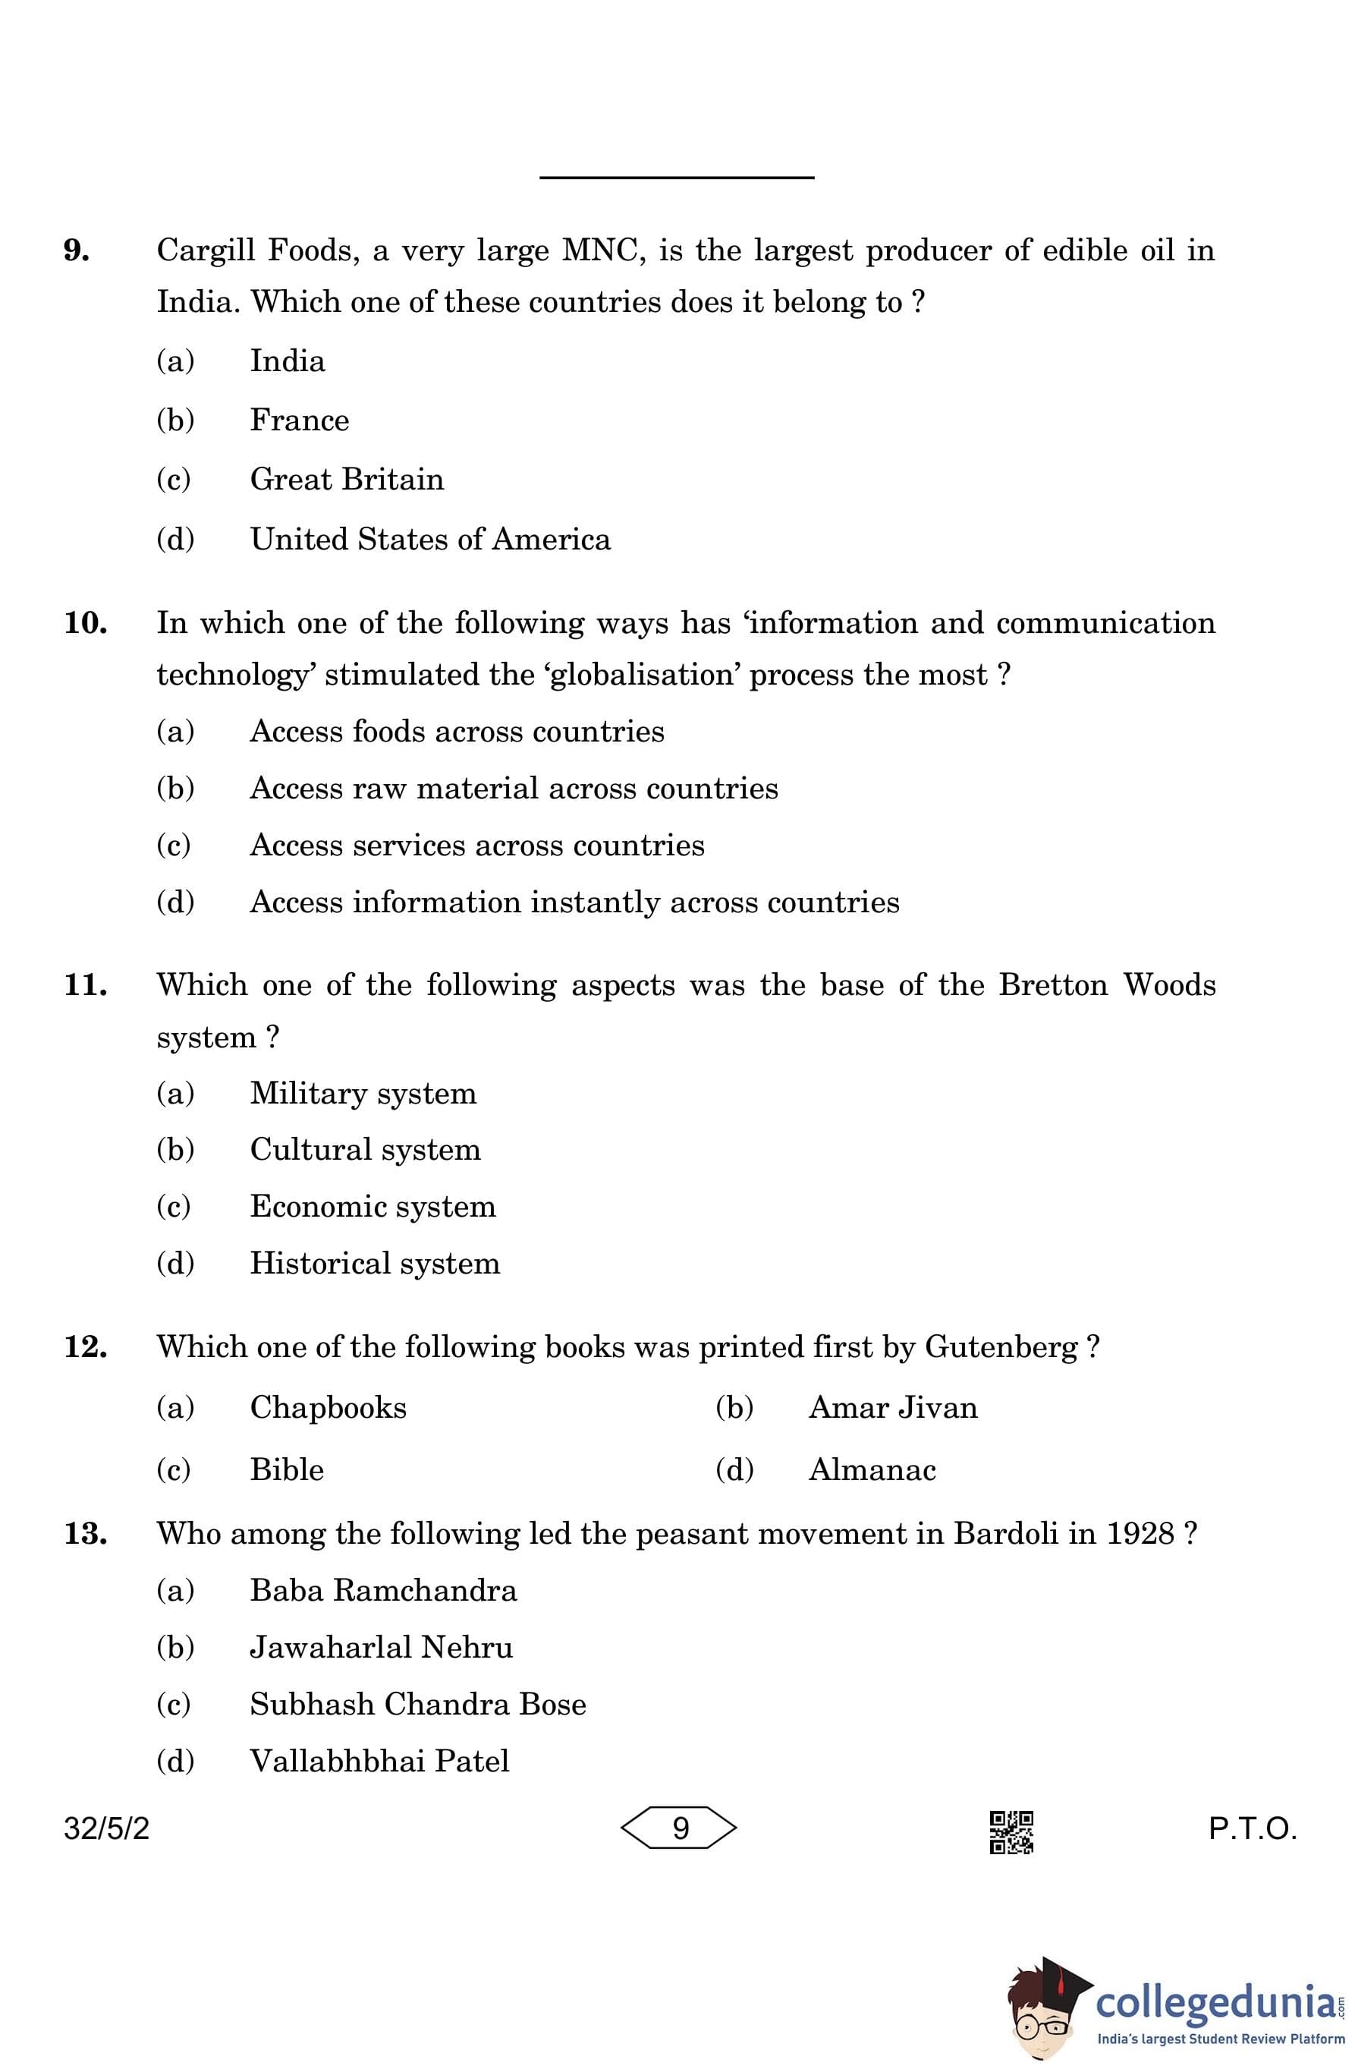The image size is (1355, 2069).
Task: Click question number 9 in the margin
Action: [x=77, y=250]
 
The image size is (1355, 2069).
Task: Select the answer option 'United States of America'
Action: [x=429, y=539]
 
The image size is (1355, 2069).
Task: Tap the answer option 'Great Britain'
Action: [x=346, y=479]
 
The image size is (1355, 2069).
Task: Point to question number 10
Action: [x=85, y=622]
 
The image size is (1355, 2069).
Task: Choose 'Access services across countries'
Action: [x=476, y=845]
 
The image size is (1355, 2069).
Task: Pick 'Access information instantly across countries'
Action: [x=574, y=902]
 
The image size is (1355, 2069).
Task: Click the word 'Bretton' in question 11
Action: [x=1052, y=985]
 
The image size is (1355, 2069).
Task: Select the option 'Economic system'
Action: [x=372, y=1207]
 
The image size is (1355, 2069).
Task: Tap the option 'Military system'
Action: [x=363, y=1093]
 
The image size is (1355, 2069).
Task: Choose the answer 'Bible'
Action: [x=286, y=1470]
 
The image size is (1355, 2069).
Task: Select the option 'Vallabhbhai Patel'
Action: [x=379, y=1762]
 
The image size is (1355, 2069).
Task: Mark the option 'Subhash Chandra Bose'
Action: [x=417, y=1704]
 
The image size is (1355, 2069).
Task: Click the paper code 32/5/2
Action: [x=106, y=1829]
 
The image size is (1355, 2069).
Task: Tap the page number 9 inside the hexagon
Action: [x=680, y=1828]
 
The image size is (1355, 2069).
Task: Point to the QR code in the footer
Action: [x=1011, y=1831]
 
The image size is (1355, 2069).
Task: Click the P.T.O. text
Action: [x=1252, y=1829]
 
